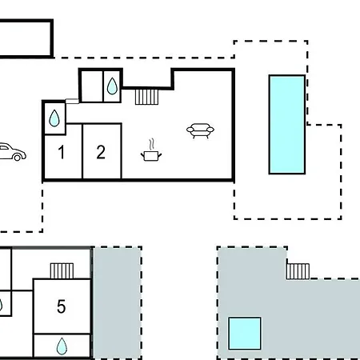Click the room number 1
click(62, 152)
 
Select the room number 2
click(101, 152)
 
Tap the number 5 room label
click(62, 306)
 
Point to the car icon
click(13, 152)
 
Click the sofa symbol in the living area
click(200, 130)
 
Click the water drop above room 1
click(54, 118)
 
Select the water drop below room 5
click(62, 346)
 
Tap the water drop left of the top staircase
click(112, 86)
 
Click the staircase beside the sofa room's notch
click(146, 97)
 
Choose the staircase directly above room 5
click(62, 270)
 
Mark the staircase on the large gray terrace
click(298, 271)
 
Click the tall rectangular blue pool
click(287, 124)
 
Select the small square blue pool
click(245, 333)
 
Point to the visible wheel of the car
click(17, 158)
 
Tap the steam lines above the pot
click(151, 144)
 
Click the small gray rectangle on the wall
click(72, 101)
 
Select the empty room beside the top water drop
click(92, 86)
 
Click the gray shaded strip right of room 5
click(117, 303)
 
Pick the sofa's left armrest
click(190, 130)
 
